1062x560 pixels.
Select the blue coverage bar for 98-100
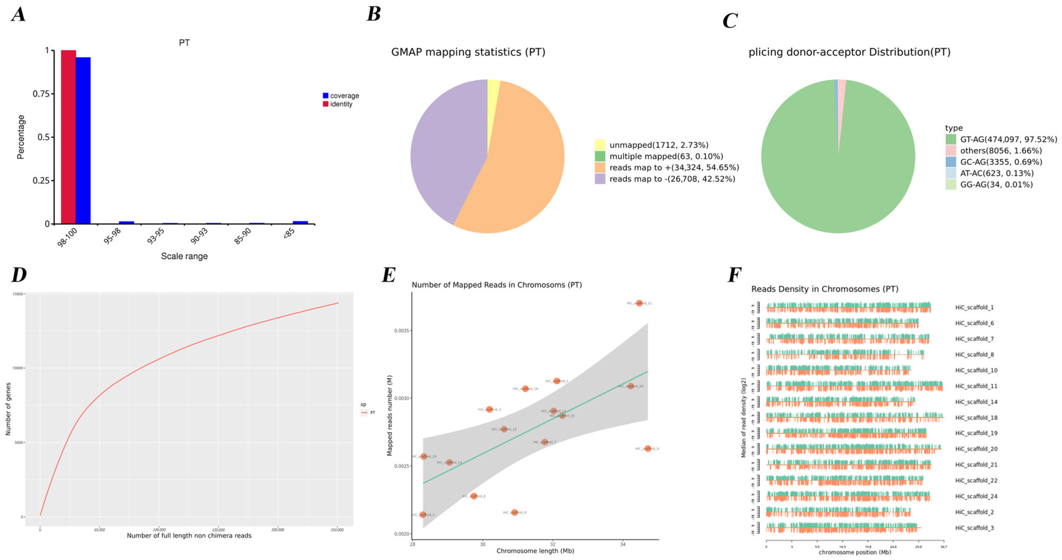click(83, 140)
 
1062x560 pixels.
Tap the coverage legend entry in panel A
click(341, 96)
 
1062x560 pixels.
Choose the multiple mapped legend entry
click(666, 157)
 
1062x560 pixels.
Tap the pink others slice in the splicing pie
click(841, 95)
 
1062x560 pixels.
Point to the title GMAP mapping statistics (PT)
click(468, 52)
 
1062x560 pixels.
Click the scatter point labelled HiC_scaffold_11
click(639, 303)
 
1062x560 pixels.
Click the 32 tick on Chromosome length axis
click(552, 544)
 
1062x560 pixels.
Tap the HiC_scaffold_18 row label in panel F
click(976, 418)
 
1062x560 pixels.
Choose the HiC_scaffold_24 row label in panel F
click(976, 496)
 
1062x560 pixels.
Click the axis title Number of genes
click(8, 409)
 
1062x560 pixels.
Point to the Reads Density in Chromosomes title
click(825, 289)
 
